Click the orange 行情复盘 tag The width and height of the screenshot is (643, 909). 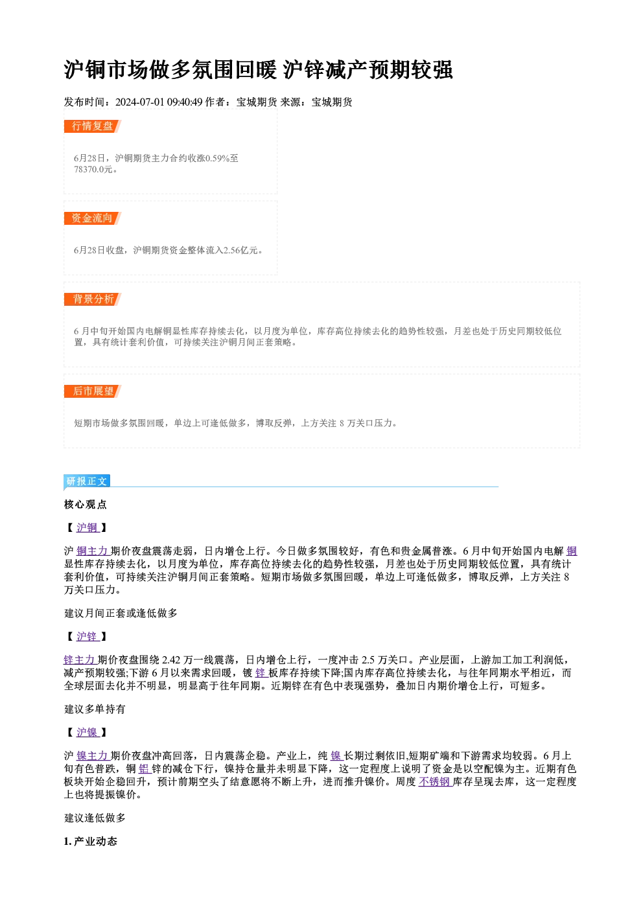click(93, 126)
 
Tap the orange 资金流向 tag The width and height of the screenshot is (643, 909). click(93, 218)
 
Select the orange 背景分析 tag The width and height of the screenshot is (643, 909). click(93, 299)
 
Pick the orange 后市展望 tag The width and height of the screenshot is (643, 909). click(93, 391)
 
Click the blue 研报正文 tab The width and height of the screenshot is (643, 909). click(87, 481)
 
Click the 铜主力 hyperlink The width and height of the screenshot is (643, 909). click(93, 551)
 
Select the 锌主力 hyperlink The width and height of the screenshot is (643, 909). click(80, 660)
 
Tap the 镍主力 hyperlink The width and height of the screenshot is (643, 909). click(93, 755)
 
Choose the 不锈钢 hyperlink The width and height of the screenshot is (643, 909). click(436, 781)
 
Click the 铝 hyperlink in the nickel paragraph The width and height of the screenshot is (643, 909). click(145, 768)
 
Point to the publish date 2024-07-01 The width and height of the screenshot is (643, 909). click(140, 102)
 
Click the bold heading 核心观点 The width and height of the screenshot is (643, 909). click(86, 505)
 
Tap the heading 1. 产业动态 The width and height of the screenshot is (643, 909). click(91, 841)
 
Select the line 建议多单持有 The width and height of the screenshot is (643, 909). click(95, 709)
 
